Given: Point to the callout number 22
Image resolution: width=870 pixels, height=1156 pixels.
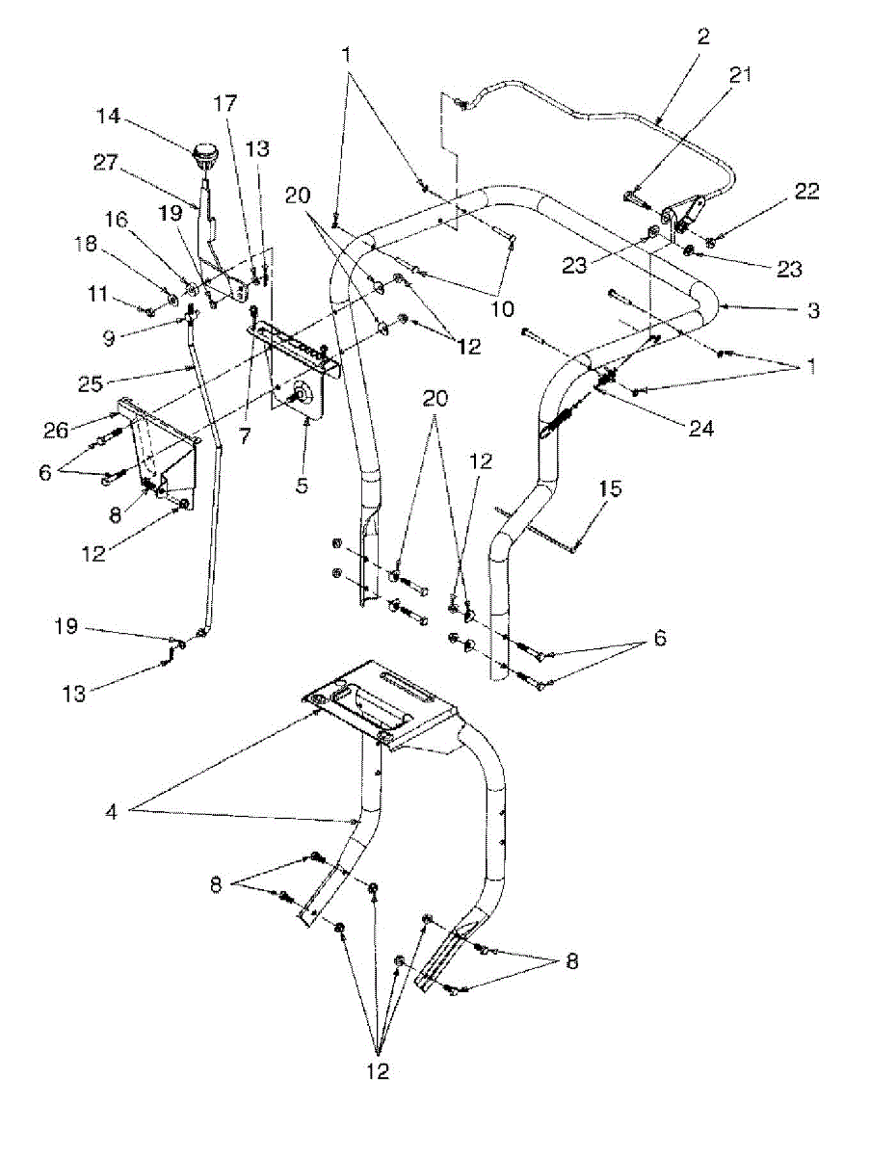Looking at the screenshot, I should pos(807,191).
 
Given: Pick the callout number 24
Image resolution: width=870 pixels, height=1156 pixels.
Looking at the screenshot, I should pos(700,430).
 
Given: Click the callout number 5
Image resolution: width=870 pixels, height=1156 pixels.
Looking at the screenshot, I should pos(303,486).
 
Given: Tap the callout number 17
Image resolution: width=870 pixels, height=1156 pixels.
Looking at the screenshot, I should pos(224,102).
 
